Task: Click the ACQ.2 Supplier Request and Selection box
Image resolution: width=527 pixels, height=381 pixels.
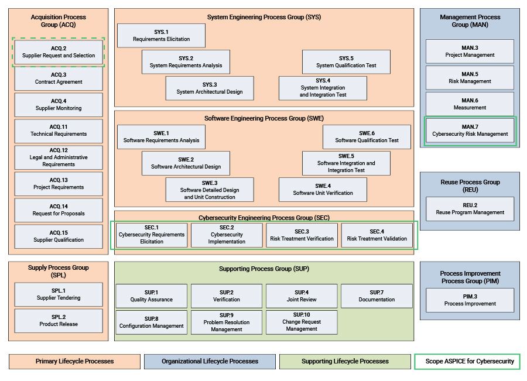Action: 59,52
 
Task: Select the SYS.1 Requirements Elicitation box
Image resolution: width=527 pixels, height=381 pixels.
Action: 161,36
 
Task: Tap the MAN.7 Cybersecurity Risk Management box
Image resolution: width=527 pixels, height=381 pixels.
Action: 470,131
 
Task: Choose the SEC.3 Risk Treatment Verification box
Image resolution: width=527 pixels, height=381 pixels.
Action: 302,235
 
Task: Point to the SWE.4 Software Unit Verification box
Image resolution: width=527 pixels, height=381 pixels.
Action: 323,190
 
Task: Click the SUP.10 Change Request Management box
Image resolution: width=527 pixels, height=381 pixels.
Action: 302,322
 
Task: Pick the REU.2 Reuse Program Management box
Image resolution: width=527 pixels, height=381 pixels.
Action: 470,209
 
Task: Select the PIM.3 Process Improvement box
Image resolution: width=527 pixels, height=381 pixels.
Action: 470,300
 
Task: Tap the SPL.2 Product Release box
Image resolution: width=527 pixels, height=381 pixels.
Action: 59,321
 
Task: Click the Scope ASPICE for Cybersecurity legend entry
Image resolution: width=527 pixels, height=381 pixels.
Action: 467,361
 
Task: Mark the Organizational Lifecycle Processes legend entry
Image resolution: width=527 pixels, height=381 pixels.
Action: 210,361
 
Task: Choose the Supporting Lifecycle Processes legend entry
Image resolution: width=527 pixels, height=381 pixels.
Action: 345,361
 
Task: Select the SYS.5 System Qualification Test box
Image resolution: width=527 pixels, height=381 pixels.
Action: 346,62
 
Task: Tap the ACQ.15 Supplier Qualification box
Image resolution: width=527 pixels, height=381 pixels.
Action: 59,236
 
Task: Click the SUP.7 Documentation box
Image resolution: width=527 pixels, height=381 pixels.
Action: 377,296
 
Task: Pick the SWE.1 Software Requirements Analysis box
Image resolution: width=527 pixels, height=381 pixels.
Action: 161,137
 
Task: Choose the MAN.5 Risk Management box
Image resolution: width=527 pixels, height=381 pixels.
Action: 470,78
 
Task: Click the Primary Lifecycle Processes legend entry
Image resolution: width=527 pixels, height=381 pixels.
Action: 74,361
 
